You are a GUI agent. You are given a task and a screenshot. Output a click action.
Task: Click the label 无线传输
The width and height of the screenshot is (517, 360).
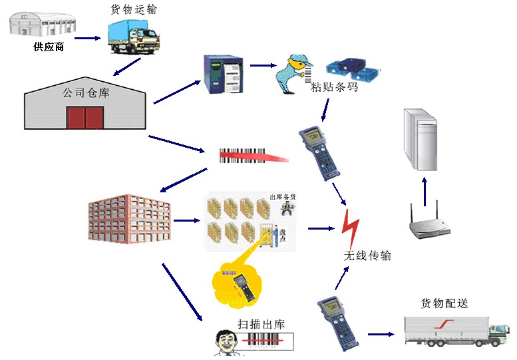pos(367,256)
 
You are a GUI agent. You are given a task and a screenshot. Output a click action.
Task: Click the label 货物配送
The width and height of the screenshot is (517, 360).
pos(444,303)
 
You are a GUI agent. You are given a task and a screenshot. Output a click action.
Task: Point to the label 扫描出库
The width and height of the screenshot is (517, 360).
pos(261,325)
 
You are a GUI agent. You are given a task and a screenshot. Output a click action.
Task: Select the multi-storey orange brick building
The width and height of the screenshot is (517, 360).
pos(128,219)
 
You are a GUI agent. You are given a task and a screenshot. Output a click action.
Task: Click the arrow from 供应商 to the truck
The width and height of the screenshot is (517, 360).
pos(86,39)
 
